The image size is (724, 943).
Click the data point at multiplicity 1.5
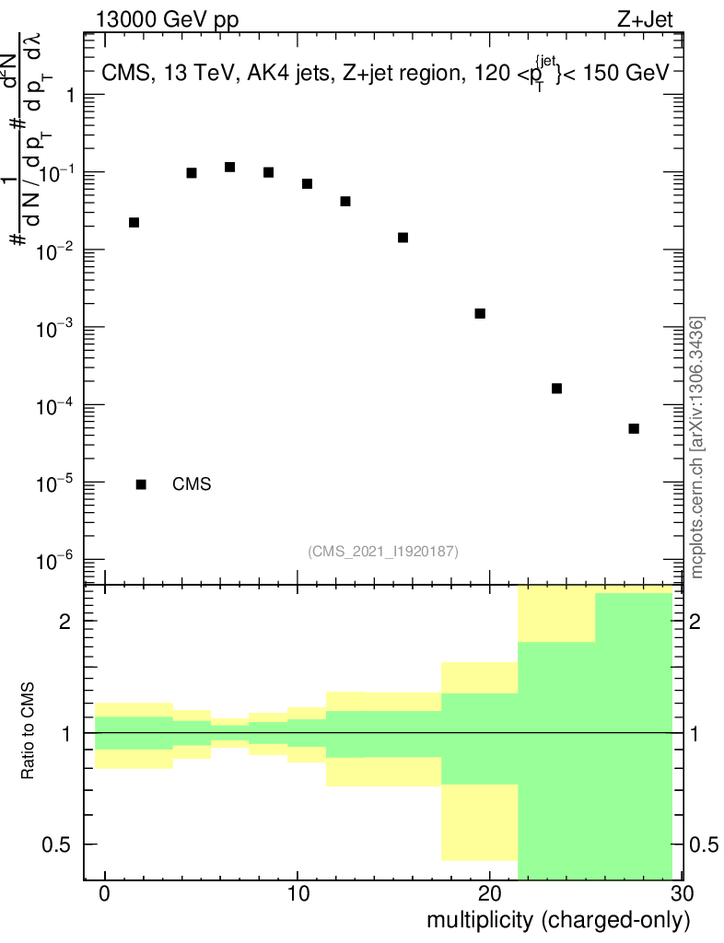(x=134, y=223)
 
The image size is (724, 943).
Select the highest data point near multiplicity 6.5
(x=230, y=167)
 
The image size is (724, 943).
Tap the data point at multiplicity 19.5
(x=480, y=314)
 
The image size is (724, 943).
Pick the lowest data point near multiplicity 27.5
(x=634, y=429)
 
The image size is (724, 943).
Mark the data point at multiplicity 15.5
(x=403, y=238)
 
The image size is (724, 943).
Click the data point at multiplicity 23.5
(x=556, y=389)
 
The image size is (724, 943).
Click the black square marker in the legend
(x=141, y=484)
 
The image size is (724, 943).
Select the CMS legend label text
(x=192, y=484)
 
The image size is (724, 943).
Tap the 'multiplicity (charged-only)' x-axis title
(x=557, y=920)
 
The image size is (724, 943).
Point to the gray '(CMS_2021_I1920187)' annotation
(x=383, y=551)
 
